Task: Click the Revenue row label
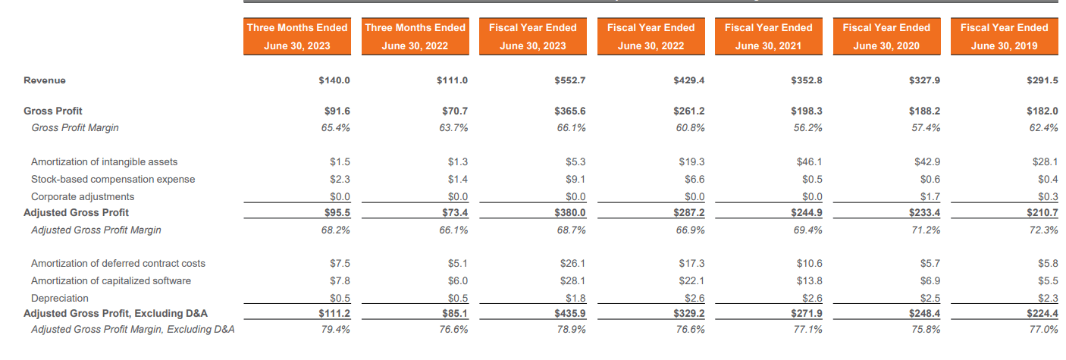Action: pyautogui.click(x=45, y=80)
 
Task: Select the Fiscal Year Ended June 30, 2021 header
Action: pyautogui.click(x=768, y=36)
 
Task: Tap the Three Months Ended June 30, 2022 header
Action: pyautogui.click(x=415, y=36)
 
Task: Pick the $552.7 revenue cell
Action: pyautogui.click(x=571, y=80)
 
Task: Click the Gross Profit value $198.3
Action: pyautogui.click(x=807, y=111)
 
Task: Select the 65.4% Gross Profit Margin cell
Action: pyautogui.click(x=336, y=127)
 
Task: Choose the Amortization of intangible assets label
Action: pyautogui.click(x=104, y=161)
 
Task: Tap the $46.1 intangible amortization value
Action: pyautogui.click(x=810, y=161)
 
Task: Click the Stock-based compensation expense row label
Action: pyautogui.click(x=112, y=179)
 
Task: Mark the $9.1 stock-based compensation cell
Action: pyautogui.click(x=575, y=179)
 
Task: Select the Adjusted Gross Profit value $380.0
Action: pyautogui.click(x=571, y=213)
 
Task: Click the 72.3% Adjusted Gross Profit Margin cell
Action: pyautogui.click(x=1044, y=230)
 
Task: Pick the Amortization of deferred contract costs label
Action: pyautogui.click(x=118, y=263)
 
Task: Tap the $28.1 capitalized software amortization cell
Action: pyautogui.click(x=573, y=280)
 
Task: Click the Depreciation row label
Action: pyautogui.click(x=59, y=298)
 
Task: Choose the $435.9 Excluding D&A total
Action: pyautogui.click(x=571, y=313)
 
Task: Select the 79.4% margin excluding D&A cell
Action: pyautogui.click(x=336, y=329)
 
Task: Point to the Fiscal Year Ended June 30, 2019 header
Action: pyautogui.click(x=1004, y=36)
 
